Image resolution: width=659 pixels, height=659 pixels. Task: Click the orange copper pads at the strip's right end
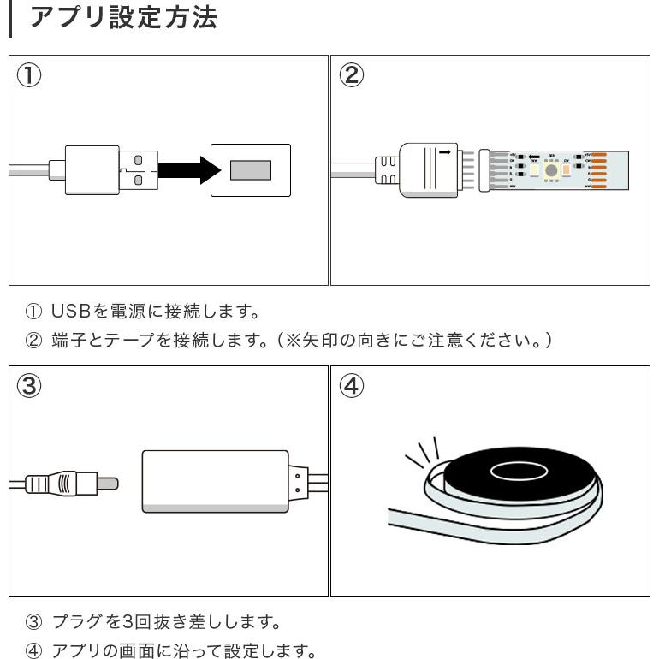pos(598,169)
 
